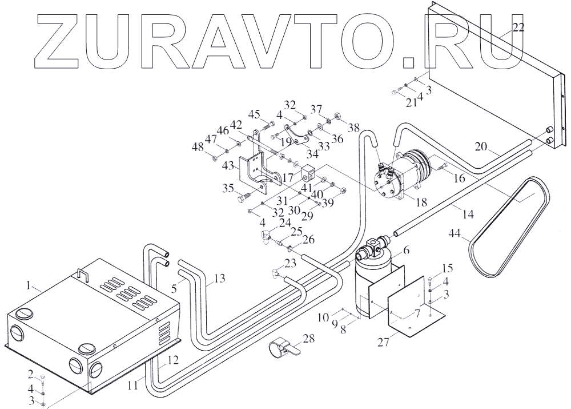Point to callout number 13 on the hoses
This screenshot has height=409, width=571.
[x=219, y=279]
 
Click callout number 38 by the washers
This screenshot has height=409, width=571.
[x=355, y=127]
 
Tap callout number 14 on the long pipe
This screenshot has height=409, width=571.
[x=467, y=215]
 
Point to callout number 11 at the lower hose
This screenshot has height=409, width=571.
[x=132, y=386]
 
